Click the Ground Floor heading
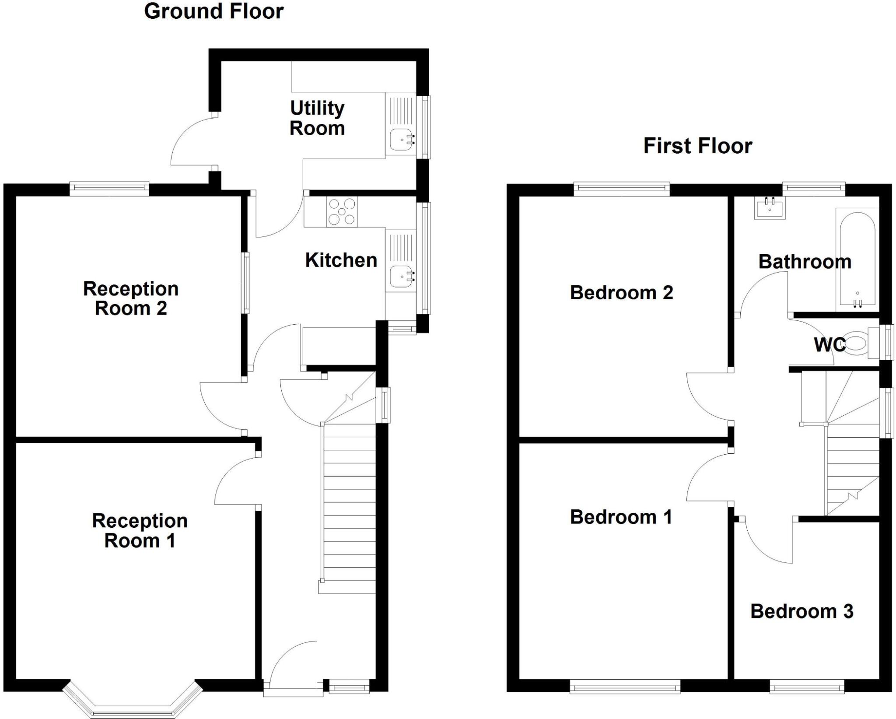pos(213,11)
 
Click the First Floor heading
pos(697,146)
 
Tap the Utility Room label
pos(317,118)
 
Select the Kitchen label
pos(341,260)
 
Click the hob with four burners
pos(342,212)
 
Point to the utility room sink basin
pos(401,140)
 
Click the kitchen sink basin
pos(401,276)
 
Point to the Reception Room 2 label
pos(131,298)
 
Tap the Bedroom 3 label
pos(801,611)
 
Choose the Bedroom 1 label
pos(620,517)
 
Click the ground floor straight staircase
pos(349,503)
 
